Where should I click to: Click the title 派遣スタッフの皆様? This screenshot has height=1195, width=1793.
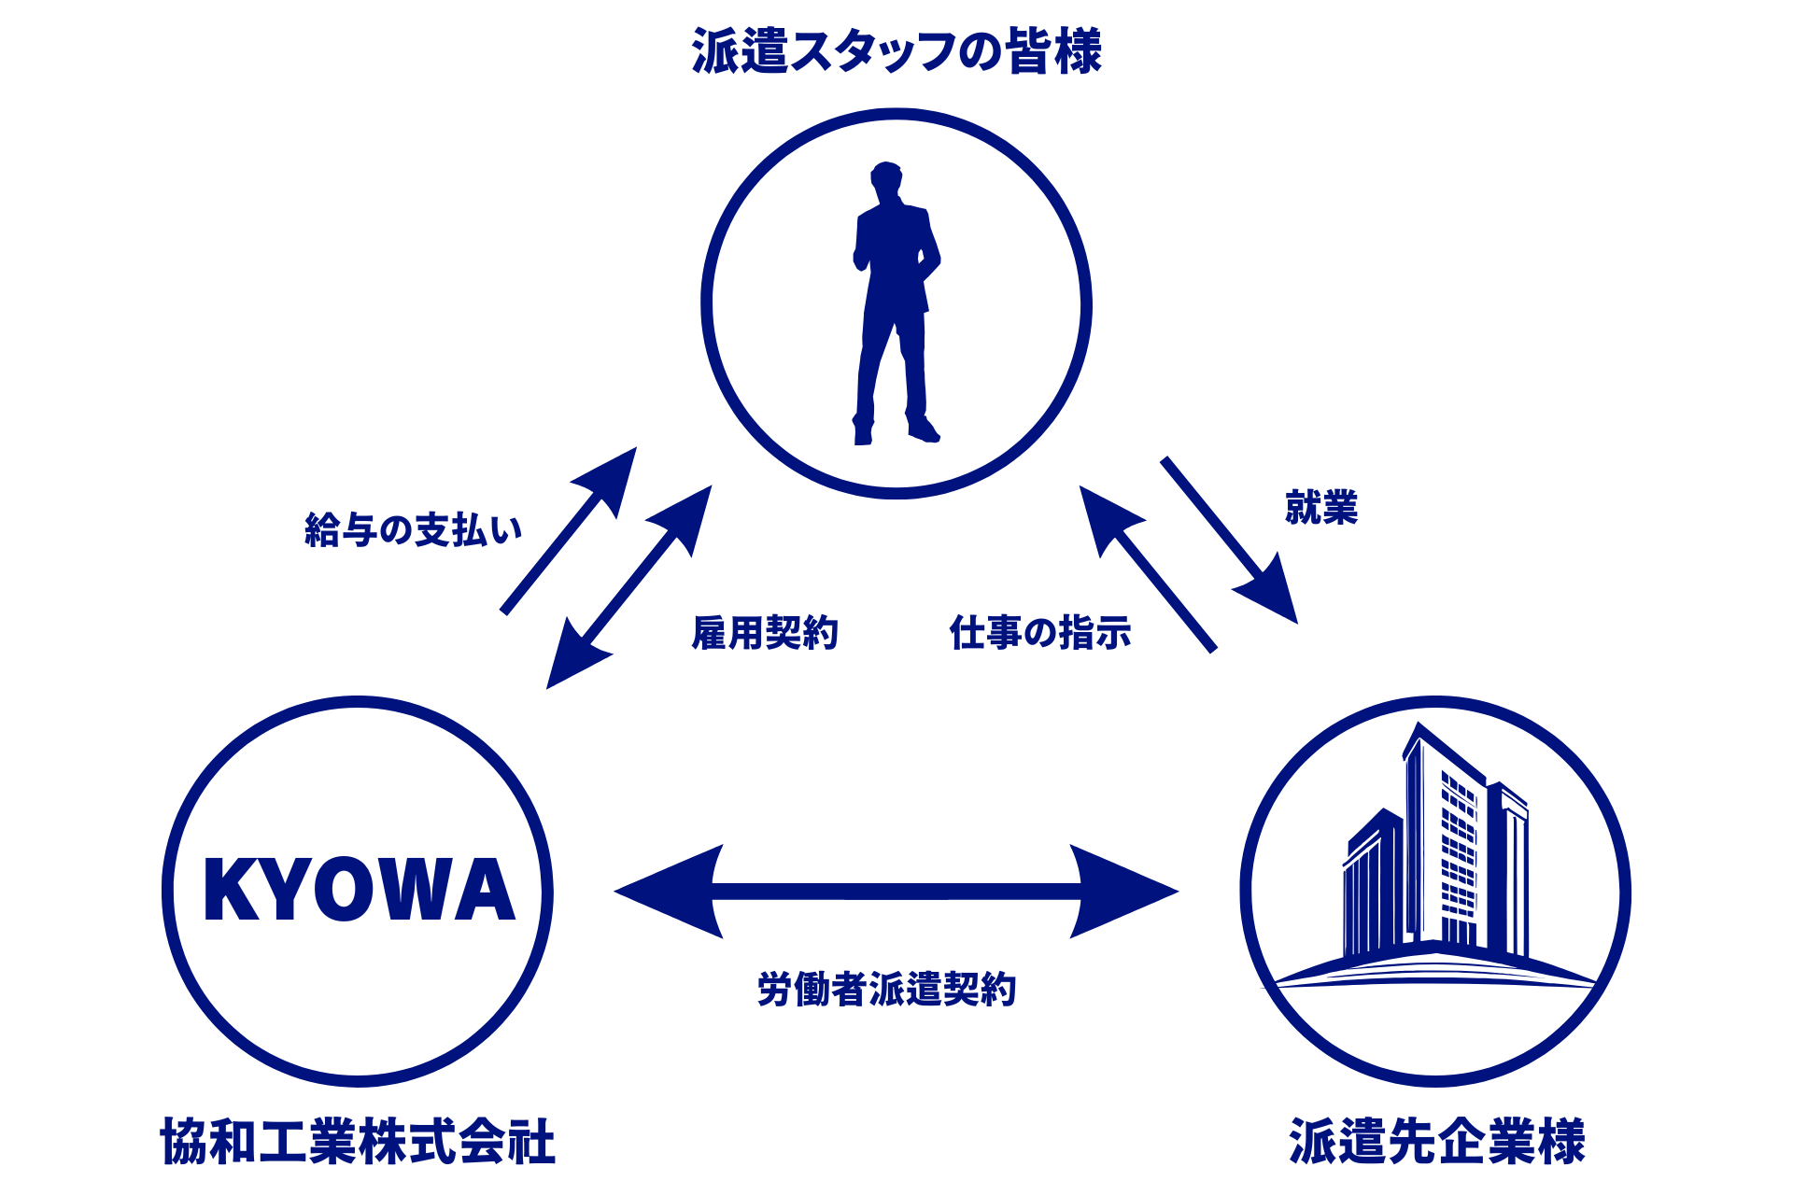(896, 51)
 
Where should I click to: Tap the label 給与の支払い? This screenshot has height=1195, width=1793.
(413, 529)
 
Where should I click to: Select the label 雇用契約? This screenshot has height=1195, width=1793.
(765, 633)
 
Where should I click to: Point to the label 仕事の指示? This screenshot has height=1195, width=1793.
(1040, 633)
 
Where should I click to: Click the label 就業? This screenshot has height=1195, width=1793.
(1320, 508)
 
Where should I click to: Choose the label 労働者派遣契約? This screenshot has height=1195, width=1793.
(886, 990)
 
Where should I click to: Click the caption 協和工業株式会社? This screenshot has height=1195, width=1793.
(358, 1141)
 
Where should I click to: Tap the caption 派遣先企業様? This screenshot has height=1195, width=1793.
(1437, 1141)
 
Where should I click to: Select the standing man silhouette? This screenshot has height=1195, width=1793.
(895, 299)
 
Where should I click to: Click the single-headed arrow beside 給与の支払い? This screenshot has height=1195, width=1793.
(570, 530)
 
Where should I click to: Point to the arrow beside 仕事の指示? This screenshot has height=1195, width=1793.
(1149, 569)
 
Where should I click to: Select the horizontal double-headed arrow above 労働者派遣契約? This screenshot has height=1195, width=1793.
(896, 892)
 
